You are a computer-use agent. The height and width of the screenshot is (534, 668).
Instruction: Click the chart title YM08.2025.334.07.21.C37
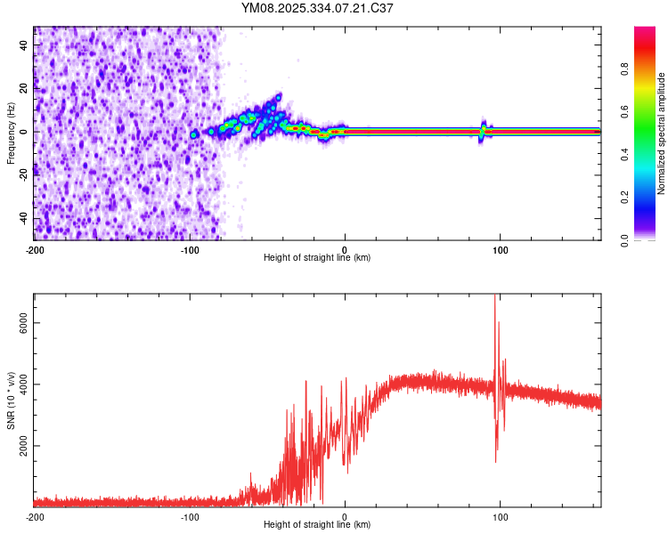(317, 8)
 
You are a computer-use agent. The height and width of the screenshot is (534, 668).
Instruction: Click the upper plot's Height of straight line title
(317, 257)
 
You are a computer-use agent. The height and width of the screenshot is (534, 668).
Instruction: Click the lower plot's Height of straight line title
(317, 524)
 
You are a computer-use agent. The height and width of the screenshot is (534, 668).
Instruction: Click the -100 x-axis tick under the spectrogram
(190, 249)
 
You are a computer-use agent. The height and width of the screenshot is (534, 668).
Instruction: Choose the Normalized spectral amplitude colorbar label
(661, 133)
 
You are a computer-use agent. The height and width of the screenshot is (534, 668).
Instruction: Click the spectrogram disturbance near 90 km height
(483, 131)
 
